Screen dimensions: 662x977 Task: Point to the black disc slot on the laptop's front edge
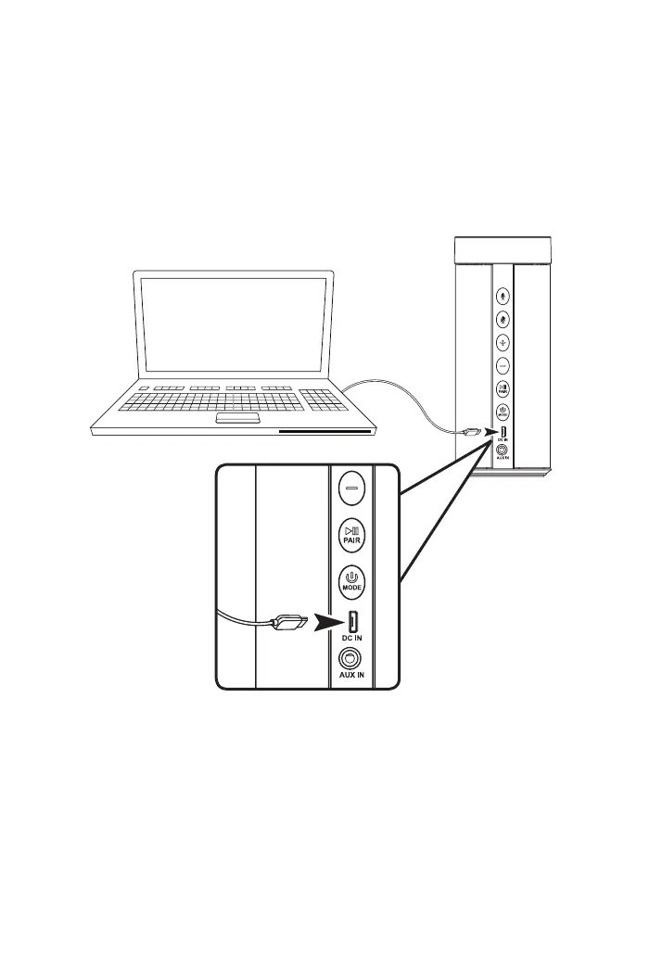tap(325, 431)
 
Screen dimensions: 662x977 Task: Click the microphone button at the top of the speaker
tap(503, 297)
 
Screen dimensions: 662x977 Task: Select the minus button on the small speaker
tap(503, 365)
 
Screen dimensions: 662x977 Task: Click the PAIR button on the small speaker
tap(503, 388)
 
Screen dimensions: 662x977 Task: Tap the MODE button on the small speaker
tap(503, 412)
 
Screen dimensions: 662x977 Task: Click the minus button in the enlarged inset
tap(350, 486)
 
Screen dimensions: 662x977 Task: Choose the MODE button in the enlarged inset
tap(350, 580)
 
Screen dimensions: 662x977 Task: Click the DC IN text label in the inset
tap(351, 640)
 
